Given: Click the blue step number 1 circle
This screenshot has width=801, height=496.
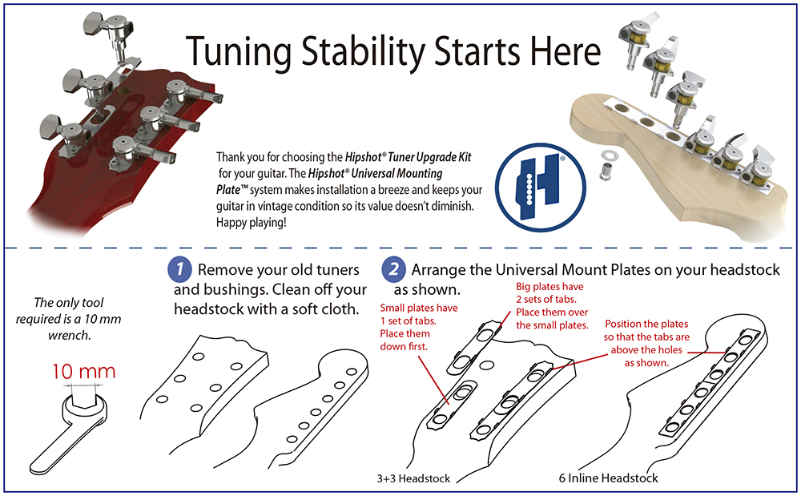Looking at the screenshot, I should coord(179,269).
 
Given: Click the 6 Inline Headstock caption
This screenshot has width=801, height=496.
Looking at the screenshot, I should coord(609,478).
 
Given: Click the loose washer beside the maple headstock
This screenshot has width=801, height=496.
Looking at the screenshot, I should coord(602,151).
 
